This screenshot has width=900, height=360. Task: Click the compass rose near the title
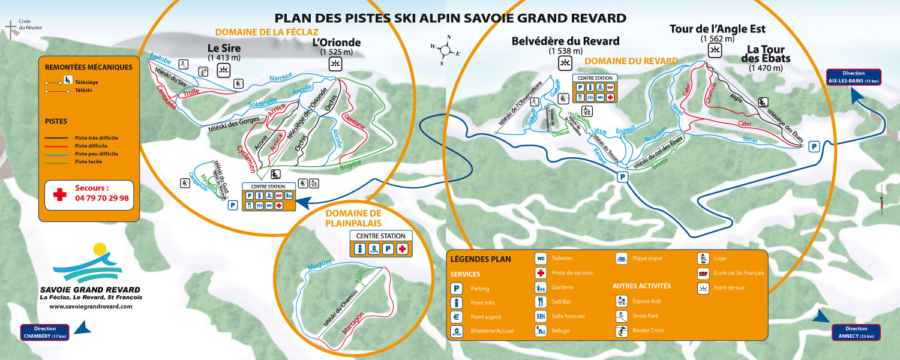(445, 49)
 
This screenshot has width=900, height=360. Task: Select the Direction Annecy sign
(856, 332)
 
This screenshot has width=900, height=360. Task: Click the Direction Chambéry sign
(45, 332)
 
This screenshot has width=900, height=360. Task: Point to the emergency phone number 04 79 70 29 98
(102, 197)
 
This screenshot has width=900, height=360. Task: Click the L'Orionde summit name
(337, 43)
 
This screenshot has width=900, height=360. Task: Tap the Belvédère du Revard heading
(565, 41)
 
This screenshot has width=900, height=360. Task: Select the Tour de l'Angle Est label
(717, 29)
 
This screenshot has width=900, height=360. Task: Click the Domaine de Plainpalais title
(353, 218)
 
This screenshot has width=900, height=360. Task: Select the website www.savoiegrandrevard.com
(91, 307)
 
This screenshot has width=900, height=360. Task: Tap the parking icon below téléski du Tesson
(623, 176)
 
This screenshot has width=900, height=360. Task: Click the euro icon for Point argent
(457, 317)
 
